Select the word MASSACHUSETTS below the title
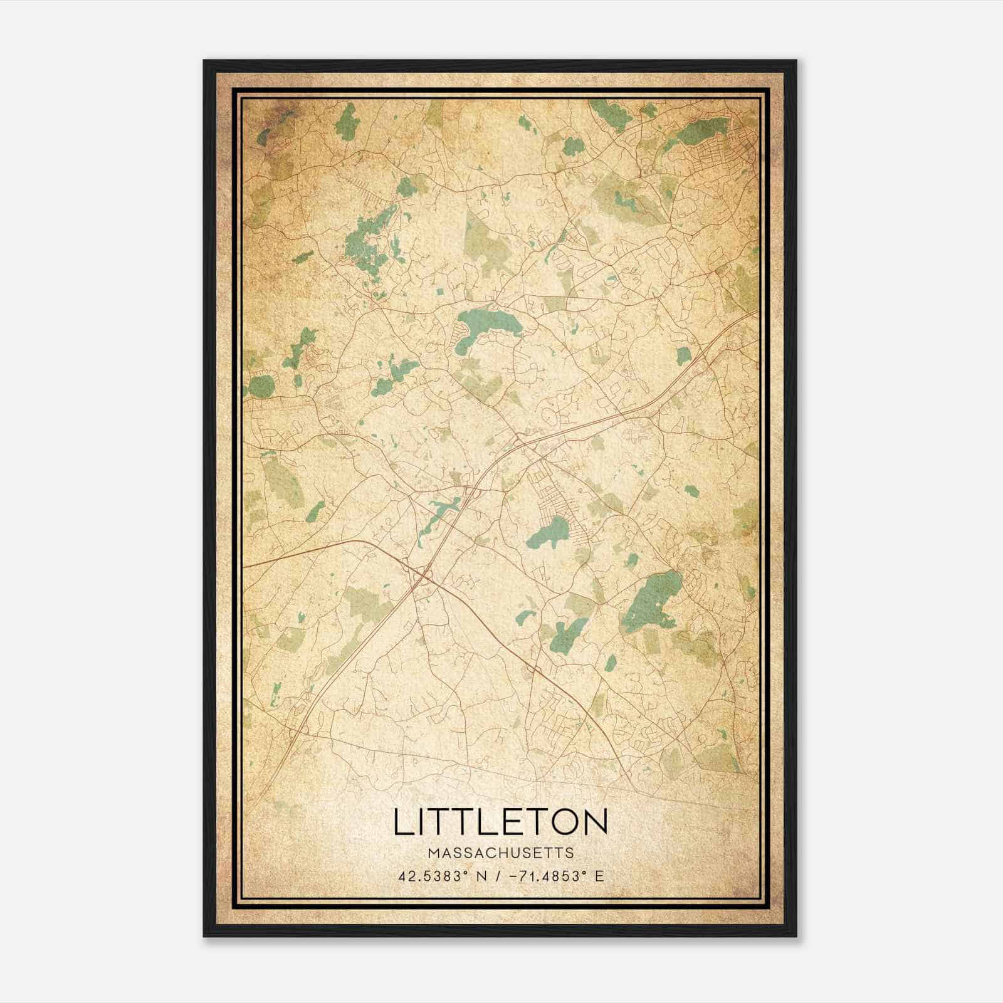pyautogui.click(x=500, y=853)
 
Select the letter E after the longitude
pyautogui.click(x=600, y=876)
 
